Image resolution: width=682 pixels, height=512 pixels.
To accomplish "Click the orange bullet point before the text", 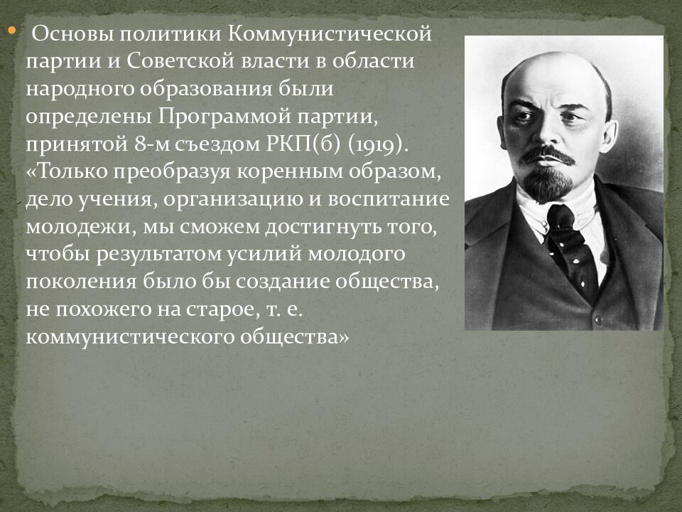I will tap(12, 31).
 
